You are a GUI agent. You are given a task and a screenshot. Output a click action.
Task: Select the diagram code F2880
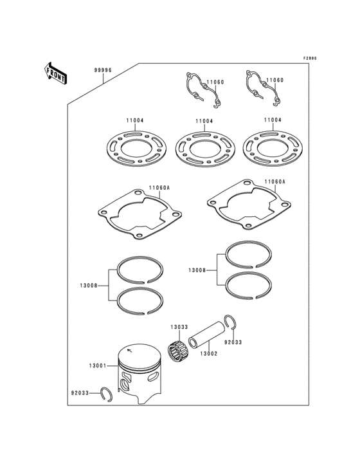point(310,58)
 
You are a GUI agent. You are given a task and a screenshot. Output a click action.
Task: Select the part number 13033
point(179,327)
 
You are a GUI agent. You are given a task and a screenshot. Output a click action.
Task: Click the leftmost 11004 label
point(135,120)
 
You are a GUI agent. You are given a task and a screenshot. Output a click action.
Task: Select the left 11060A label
point(159,188)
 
